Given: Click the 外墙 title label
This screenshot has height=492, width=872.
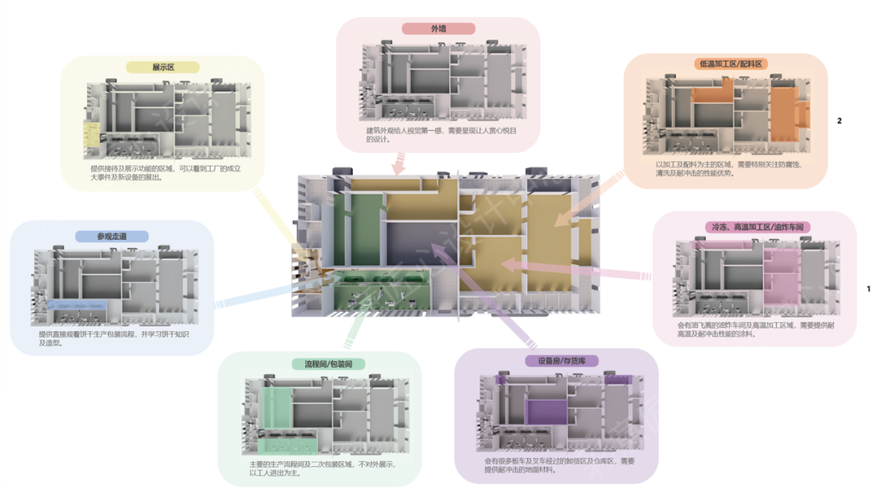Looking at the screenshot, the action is (x=438, y=29).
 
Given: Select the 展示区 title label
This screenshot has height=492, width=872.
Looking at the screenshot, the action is (x=163, y=68).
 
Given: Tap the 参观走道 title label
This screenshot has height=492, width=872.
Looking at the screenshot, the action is (x=111, y=237).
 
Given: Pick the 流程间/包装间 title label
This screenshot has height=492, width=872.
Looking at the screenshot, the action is (x=322, y=364).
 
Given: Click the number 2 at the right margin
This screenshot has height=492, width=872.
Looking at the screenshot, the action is (x=839, y=121).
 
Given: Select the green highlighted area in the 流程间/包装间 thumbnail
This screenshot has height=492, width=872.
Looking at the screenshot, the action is (x=277, y=415).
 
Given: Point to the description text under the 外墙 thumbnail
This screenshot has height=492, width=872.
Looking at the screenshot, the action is (x=440, y=135).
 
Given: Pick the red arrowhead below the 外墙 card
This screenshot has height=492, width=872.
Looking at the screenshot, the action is (x=397, y=168).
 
